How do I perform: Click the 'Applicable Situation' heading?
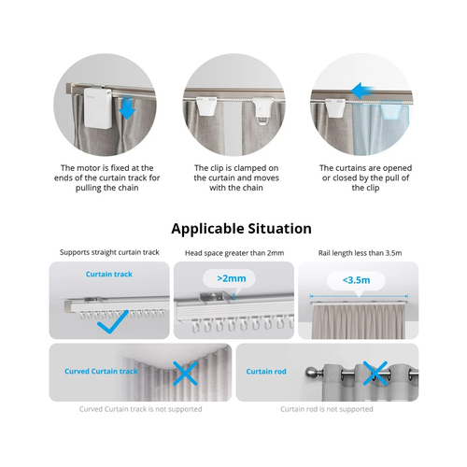tap(241, 228)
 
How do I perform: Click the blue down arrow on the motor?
tap(128, 110)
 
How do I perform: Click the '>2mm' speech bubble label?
tap(233, 279)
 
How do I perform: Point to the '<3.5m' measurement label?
tap(357, 279)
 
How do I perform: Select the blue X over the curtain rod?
tap(375, 375)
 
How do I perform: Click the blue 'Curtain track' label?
tap(108, 276)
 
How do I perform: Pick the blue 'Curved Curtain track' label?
tap(101, 371)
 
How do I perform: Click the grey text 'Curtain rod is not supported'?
tap(327, 408)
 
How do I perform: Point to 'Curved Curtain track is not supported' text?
tap(139, 408)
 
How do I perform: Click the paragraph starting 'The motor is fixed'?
tap(107, 177)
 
